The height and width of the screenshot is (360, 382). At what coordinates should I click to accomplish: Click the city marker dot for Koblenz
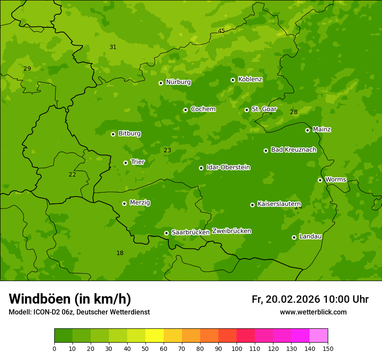(233, 80)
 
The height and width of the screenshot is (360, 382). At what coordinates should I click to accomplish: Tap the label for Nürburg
(178, 82)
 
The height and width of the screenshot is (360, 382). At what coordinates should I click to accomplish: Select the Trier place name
(137, 162)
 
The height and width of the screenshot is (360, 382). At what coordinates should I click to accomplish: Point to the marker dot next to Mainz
(307, 130)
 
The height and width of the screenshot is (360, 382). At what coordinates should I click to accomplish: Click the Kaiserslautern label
(279, 204)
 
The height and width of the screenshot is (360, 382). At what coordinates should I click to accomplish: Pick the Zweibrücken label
(231, 231)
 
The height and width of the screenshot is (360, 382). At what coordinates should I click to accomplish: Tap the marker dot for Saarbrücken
(166, 233)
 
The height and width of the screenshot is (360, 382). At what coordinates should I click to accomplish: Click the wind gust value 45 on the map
(221, 31)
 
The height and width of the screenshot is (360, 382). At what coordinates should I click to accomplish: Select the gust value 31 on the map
(113, 47)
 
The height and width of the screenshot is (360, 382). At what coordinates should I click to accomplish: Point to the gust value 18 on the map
(120, 253)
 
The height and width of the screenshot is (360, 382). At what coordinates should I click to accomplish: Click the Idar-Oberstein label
(228, 167)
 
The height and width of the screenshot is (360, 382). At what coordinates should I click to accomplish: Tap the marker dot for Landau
(294, 237)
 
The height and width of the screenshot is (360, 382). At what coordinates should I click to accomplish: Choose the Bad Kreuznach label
(293, 150)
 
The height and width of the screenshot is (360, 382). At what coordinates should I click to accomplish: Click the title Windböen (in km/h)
(70, 299)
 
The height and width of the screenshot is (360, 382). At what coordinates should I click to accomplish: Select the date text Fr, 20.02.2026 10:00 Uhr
(310, 299)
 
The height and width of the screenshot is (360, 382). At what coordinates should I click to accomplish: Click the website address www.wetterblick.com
(313, 312)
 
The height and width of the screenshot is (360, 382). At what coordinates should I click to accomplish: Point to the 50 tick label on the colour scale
(145, 348)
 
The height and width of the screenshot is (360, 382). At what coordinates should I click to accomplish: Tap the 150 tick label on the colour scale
(328, 348)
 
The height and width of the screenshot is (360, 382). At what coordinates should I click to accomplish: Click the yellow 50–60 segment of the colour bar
(155, 336)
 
